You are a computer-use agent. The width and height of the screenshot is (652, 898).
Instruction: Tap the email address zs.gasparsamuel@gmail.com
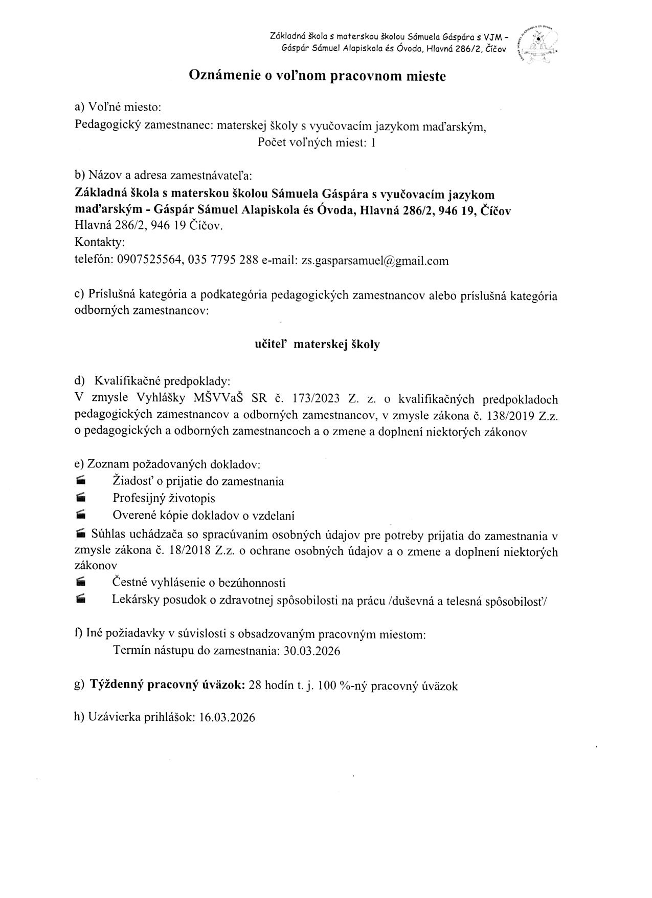375,261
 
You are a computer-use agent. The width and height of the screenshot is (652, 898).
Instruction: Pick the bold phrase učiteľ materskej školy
317,345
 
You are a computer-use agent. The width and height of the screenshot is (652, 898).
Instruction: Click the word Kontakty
100,242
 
